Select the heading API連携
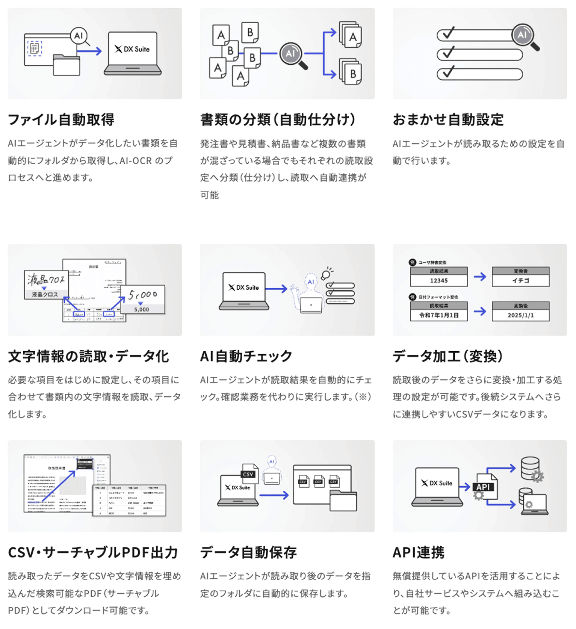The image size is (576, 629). pyautogui.click(x=418, y=553)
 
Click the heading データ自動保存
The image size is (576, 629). pyautogui.click(x=248, y=553)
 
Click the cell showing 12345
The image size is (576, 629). pyautogui.click(x=439, y=281)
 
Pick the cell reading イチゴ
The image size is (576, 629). pyautogui.click(x=520, y=281)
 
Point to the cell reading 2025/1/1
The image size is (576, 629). pyautogui.click(x=520, y=315)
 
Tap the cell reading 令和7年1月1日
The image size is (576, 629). pyautogui.click(x=439, y=315)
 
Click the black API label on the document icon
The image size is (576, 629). pyautogui.click(x=483, y=487)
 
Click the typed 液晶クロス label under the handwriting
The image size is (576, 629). pyautogui.click(x=45, y=294)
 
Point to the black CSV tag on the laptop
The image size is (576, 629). pyautogui.click(x=248, y=474)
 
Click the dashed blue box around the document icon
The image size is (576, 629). pyautogui.click(x=35, y=48)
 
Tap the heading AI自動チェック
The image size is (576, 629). pyautogui.click(x=246, y=356)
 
